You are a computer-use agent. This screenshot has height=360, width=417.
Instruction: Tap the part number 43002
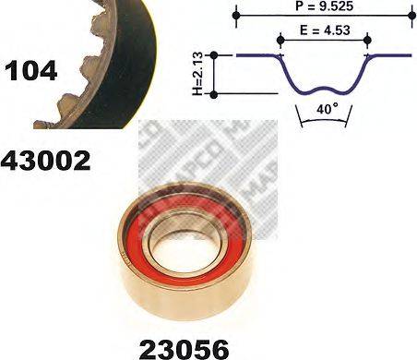46,162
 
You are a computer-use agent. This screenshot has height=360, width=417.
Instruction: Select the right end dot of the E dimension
367,39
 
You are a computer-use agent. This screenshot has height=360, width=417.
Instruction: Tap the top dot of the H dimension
215,55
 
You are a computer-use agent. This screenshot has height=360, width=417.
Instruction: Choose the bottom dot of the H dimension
215,94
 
